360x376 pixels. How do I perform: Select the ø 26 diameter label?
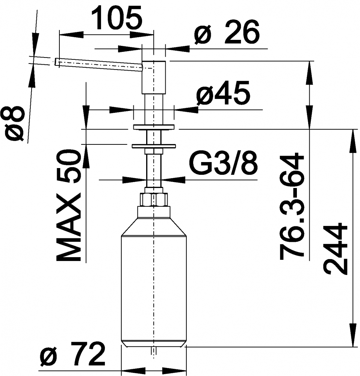click(227, 33)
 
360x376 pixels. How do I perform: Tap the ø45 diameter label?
click(223, 94)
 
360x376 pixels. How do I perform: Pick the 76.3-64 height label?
click(292, 206)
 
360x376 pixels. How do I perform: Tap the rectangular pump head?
click(154, 77)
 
